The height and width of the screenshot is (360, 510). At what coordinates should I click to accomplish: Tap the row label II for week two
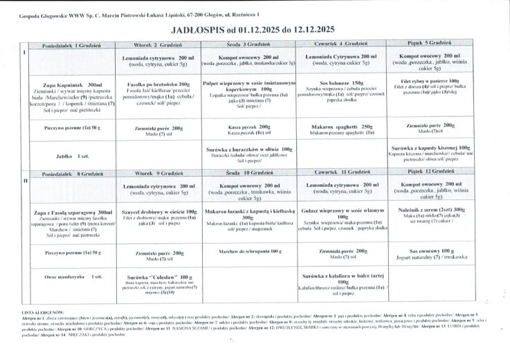(25, 180)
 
